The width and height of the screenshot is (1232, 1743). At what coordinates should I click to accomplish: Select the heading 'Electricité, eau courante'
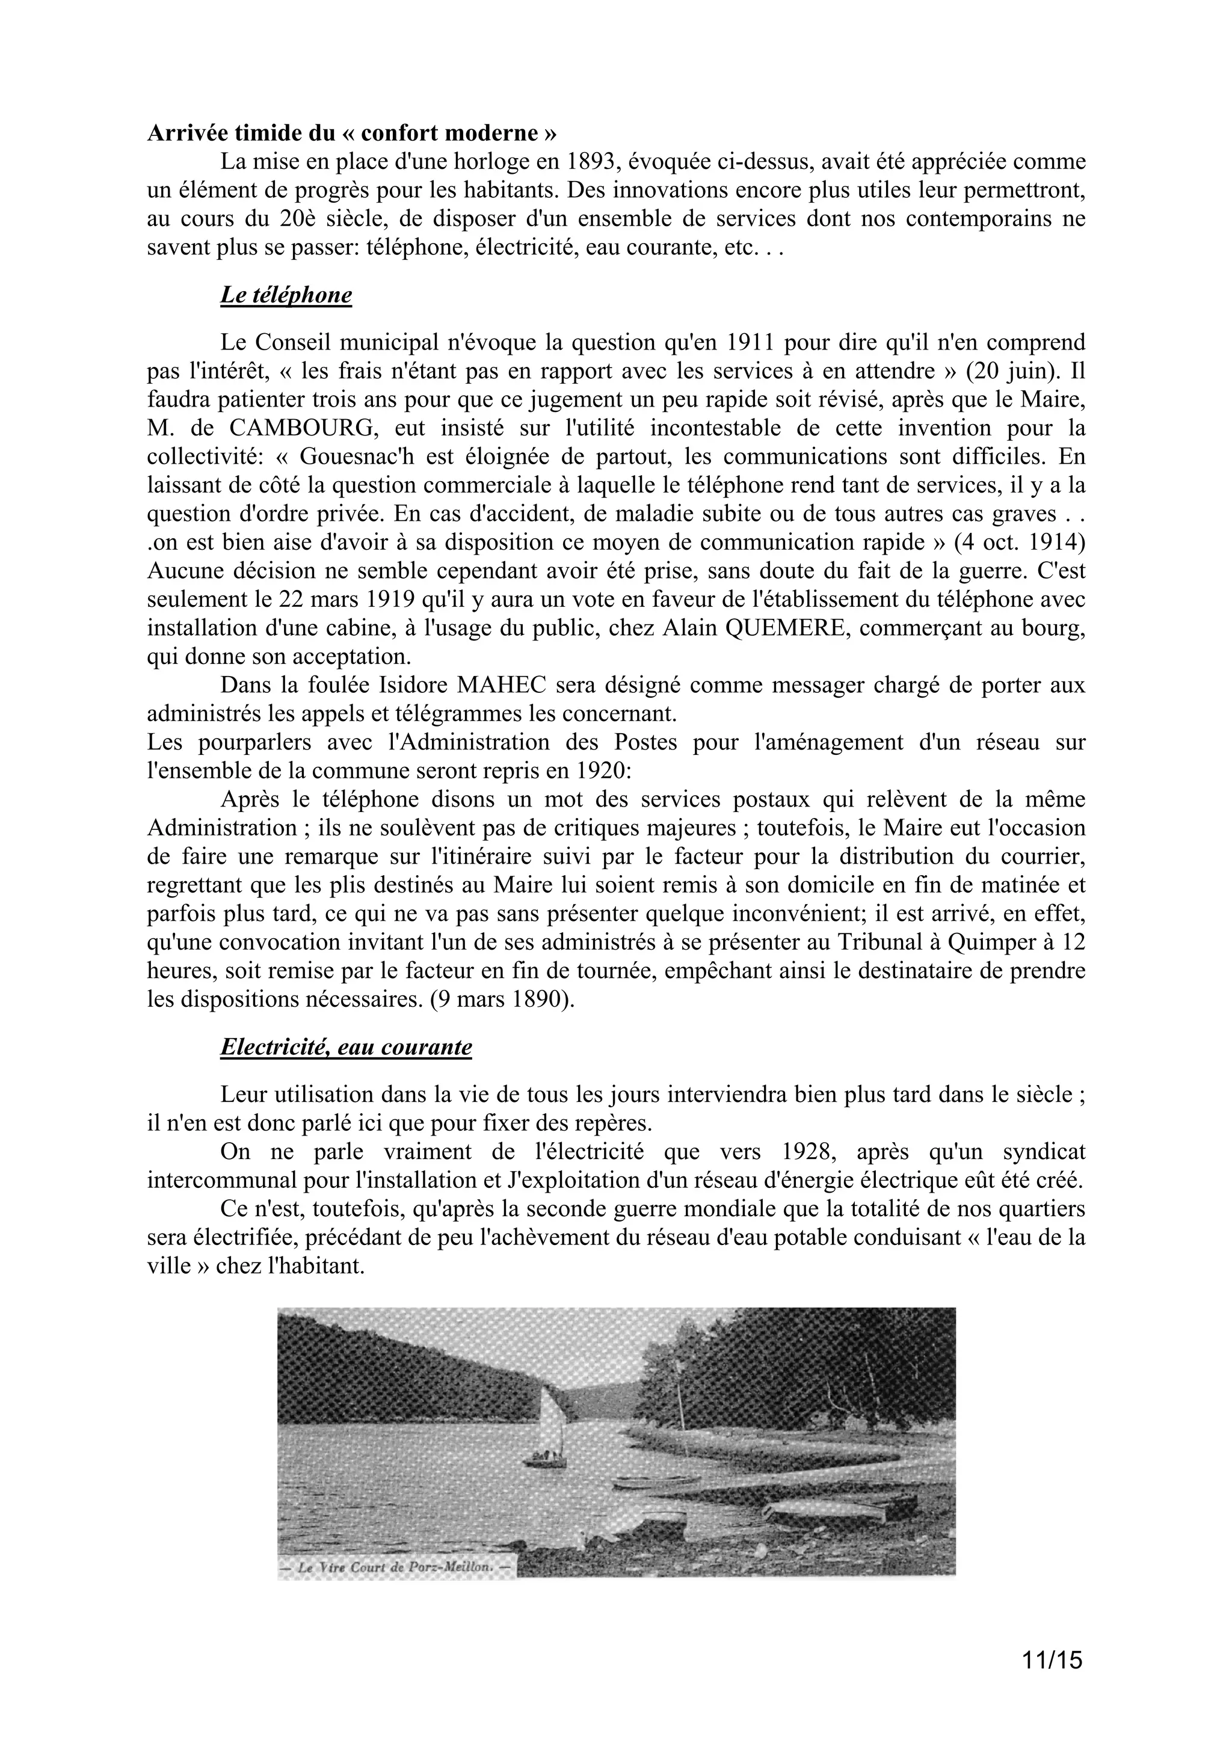[345, 1047]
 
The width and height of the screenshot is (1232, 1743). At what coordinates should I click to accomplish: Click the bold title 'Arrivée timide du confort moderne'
[351, 133]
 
